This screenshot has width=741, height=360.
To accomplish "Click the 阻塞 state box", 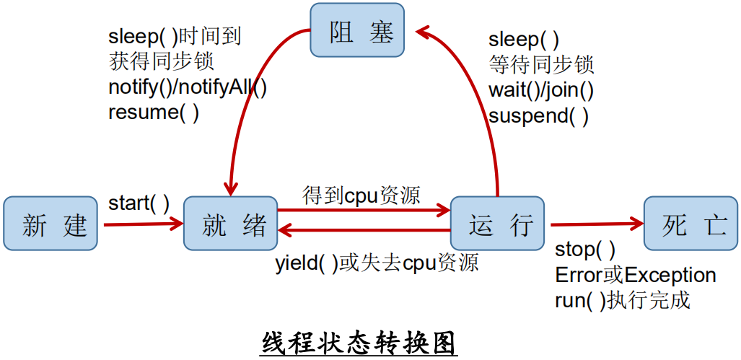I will click(x=357, y=30).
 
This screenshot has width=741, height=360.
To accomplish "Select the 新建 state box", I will click(x=50, y=224).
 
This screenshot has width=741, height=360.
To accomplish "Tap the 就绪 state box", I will click(x=230, y=224).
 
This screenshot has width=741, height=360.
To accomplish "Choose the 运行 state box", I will click(x=497, y=224).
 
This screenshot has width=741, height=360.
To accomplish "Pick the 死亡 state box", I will click(x=690, y=224).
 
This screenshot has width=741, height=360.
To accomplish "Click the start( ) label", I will click(x=139, y=203).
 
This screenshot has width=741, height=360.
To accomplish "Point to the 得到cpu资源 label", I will click(x=361, y=195).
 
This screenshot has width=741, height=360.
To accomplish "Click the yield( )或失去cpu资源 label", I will click(x=377, y=263).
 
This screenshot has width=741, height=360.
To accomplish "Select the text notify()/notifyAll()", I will click(x=188, y=87).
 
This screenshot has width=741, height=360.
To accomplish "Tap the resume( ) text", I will click(x=154, y=112).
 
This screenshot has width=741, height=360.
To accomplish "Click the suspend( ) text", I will click(x=538, y=115).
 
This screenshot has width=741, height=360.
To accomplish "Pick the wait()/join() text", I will click(x=541, y=90).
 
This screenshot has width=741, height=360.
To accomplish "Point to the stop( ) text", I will click(x=584, y=250).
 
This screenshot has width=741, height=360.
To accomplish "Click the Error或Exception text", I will click(x=635, y=275).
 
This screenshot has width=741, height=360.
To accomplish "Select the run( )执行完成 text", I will click(x=623, y=299).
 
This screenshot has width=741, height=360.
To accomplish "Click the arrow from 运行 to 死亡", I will click(x=595, y=224).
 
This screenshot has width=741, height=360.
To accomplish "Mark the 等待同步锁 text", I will click(x=541, y=65).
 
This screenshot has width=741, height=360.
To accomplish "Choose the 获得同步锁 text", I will click(x=161, y=61).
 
